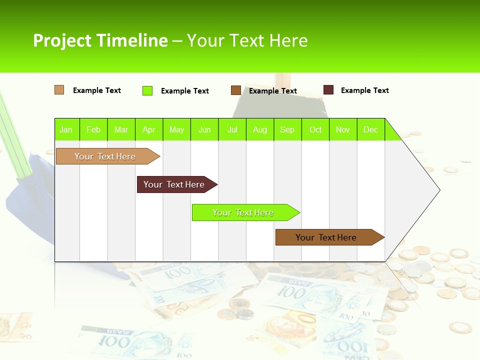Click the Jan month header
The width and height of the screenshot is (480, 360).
pos(66,129)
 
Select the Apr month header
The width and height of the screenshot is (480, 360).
pos(149,129)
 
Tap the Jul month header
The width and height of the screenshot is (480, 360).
pos(232,129)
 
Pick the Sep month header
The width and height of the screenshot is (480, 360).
pos(287,129)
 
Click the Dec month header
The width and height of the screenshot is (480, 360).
pos(370,129)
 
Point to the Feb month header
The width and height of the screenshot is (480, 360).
pos(93,129)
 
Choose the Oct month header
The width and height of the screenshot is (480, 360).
pos(315,129)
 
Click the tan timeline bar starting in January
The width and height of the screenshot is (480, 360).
pos(105,156)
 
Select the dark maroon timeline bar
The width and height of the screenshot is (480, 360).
pos(174,184)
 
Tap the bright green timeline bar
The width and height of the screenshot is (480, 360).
pos(243,212)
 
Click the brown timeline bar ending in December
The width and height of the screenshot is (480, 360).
pos(326,237)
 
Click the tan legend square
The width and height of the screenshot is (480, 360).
pos(59,90)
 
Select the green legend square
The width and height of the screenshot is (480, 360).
pos(147,90)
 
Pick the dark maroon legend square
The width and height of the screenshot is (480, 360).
pos(328,90)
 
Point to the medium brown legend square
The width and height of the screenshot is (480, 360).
pos(236,90)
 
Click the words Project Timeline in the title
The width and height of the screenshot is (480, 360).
pos(100,40)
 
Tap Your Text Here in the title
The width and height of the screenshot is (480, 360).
pos(247,40)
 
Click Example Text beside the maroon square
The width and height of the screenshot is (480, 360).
pos(364,90)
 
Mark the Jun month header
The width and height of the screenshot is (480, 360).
pos(204,129)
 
